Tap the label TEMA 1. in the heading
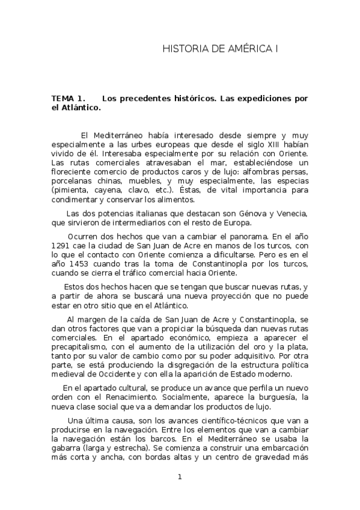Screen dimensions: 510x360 click(x=69, y=98)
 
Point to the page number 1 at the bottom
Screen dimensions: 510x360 click(x=179, y=478)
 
